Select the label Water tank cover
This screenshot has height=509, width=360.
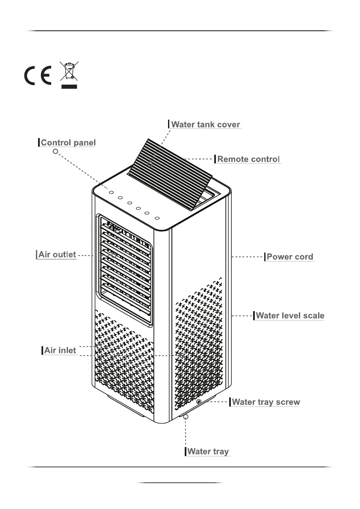(x=206, y=125)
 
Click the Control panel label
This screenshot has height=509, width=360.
(x=68, y=143)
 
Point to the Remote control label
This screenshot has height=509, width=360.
(x=248, y=159)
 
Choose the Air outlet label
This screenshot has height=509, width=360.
(x=57, y=255)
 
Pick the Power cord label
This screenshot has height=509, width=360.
(x=290, y=257)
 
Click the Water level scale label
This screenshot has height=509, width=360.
(x=289, y=316)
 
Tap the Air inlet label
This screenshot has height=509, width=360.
(x=60, y=350)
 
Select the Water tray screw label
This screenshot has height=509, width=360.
(x=266, y=402)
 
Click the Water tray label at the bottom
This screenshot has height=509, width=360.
(x=208, y=451)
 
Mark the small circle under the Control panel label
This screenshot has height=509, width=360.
(x=55, y=151)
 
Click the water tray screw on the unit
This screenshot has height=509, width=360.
(x=198, y=402)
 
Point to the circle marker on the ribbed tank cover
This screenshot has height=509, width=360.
(x=150, y=164)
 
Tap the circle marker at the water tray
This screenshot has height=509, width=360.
(x=186, y=416)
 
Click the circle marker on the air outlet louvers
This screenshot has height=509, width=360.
(x=114, y=254)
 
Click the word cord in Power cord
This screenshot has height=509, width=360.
(x=303, y=257)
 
